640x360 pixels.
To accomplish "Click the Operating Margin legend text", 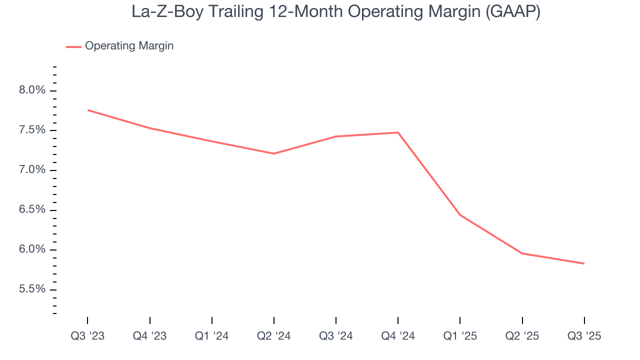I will click(x=129, y=46).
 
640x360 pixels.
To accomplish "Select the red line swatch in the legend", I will click(x=73, y=46).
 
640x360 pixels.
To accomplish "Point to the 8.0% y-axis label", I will click(x=31, y=90).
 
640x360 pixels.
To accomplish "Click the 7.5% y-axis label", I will click(x=31, y=130).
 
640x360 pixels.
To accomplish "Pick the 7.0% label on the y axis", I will click(x=31, y=170).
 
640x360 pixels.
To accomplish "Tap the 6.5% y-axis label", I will click(x=31, y=210).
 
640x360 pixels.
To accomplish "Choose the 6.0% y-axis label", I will click(x=31, y=249).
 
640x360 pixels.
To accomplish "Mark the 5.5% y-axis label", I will click(x=31, y=289).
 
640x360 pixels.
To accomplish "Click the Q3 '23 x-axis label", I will click(x=87, y=336).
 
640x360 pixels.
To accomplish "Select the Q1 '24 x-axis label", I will click(x=212, y=336).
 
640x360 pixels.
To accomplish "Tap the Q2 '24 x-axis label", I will click(x=274, y=336).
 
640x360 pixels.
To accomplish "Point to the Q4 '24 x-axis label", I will click(x=398, y=336).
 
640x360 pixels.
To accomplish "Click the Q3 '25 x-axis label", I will click(x=584, y=336).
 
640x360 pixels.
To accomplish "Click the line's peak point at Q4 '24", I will click(x=398, y=132).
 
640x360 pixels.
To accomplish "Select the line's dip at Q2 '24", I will click(x=274, y=153).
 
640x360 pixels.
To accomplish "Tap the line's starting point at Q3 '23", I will click(x=88, y=110).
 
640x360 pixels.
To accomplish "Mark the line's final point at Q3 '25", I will click(x=584, y=263).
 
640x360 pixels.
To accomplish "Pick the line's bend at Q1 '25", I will click(x=460, y=215).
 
